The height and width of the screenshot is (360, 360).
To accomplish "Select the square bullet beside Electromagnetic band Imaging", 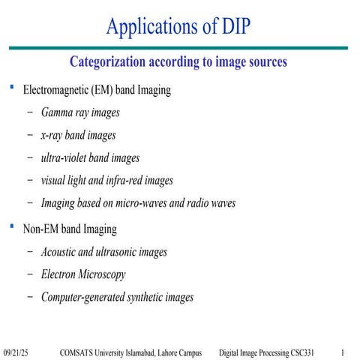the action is (x=10, y=88).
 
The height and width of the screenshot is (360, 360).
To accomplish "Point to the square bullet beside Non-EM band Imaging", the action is (x=10, y=225).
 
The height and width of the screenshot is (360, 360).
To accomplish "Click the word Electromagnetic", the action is (x=58, y=90).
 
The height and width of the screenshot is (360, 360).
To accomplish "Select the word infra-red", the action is (x=132, y=181).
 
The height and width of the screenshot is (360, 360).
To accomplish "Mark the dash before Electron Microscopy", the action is (x=29, y=274).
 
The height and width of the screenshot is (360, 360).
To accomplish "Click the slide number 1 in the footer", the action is (x=342, y=352).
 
